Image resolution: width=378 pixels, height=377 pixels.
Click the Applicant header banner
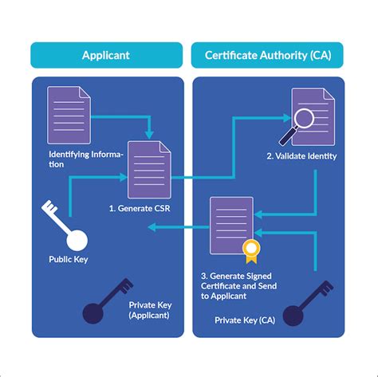click(x=106, y=55)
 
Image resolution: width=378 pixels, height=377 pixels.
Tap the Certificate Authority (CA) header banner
click(x=267, y=55)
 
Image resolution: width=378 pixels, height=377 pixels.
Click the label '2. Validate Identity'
click(x=301, y=156)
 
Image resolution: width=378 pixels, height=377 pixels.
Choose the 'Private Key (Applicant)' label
click(x=149, y=310)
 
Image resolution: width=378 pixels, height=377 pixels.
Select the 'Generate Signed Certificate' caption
click(x=239, y=285)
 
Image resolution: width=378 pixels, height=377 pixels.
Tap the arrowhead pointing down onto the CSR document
click(x=149, y=134)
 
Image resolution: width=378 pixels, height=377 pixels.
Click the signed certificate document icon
click(x=231, y=224)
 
